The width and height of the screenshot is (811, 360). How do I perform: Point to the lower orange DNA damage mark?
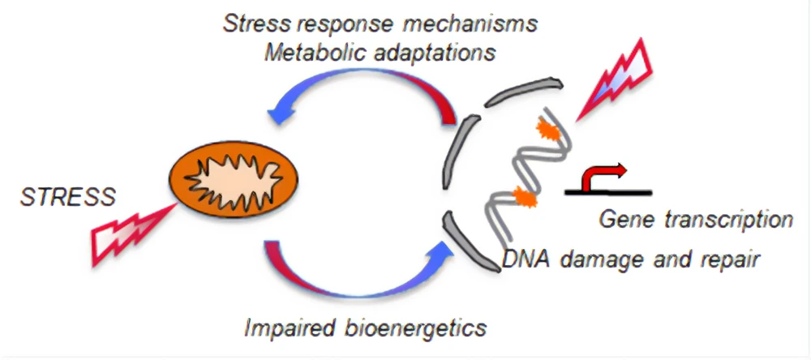pos(522,197)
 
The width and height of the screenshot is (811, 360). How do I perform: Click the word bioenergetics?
pos(417,328)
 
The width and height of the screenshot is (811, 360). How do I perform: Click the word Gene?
pos(625,219)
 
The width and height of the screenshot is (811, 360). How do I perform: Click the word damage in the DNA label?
pos(585,261)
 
